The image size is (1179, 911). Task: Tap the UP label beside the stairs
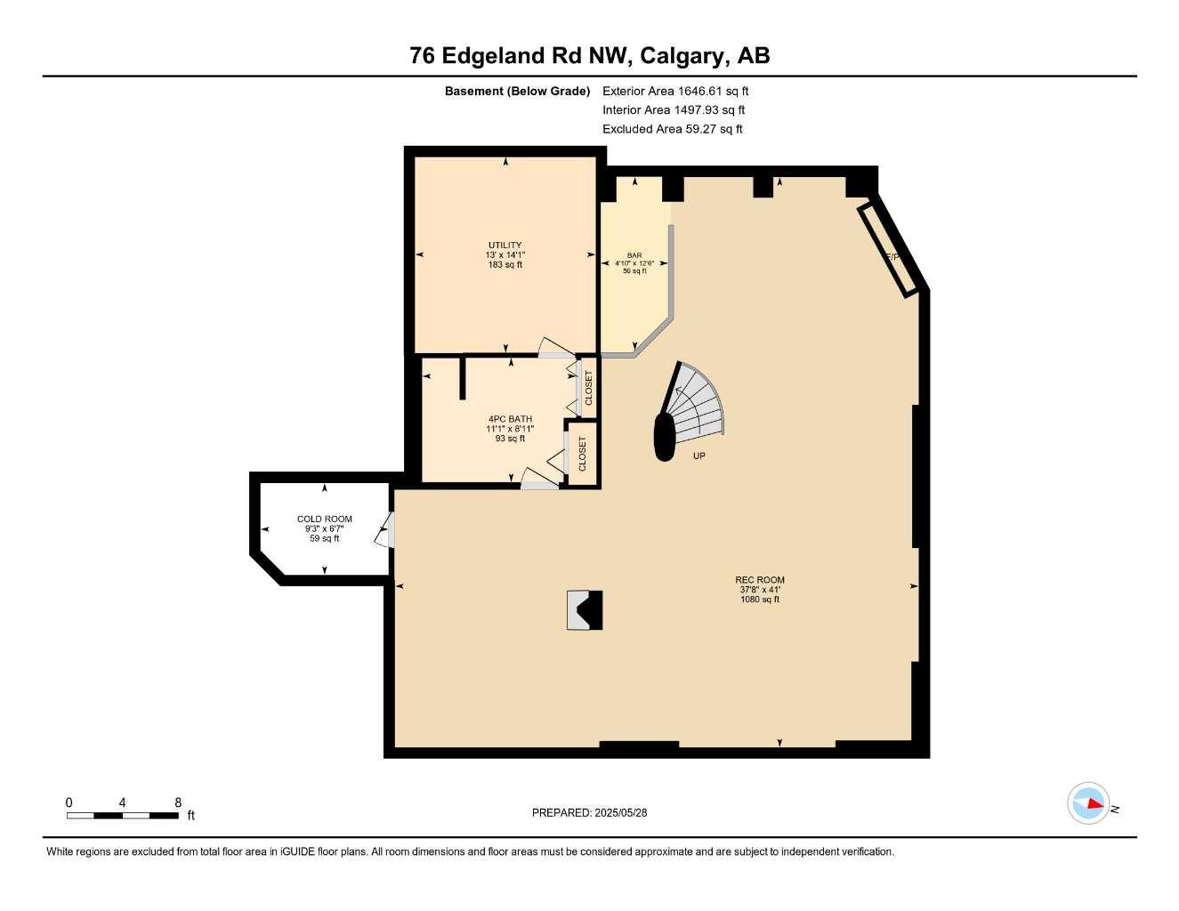point(699,456)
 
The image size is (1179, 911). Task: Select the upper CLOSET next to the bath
point(587,387)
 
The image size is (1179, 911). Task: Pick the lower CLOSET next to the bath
point(583,454)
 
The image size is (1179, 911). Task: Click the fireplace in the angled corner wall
point(887,249)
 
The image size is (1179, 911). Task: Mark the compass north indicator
point(1089,803)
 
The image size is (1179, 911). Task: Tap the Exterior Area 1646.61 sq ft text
point(675,91)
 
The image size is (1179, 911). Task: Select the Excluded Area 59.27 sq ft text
point(672,129)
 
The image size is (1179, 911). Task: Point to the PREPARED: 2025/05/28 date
point(589,812)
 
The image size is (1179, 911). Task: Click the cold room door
point(386,531)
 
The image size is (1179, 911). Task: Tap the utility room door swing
point(556,349)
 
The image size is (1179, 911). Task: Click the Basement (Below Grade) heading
point(517,91)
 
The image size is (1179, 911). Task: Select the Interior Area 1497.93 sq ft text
point(674,110)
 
